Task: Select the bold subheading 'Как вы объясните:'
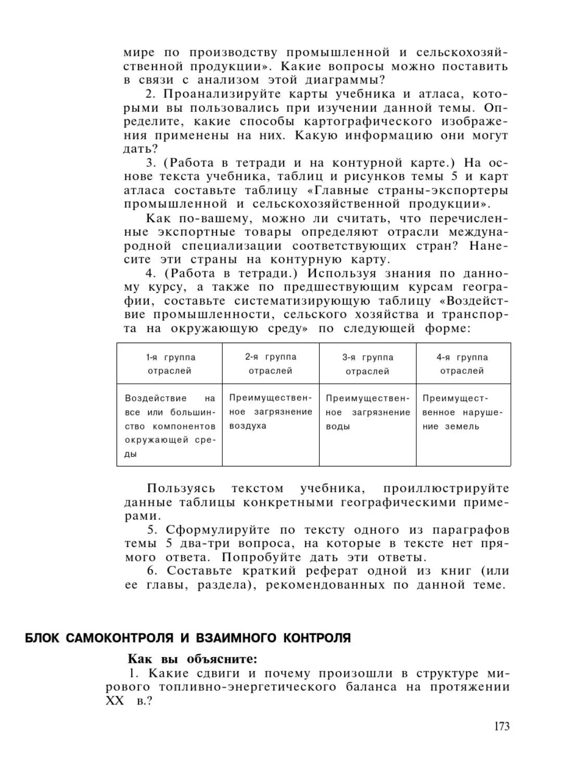coord(193,659)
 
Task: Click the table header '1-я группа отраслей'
coord(170,364)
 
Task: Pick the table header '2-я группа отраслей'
coord(271,363)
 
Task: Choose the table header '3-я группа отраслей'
coord(367,364)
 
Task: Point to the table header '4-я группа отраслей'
coord(462,363)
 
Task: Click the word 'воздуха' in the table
coord(248,426)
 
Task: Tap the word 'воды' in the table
coord(338,426)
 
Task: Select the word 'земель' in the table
coord(462,426)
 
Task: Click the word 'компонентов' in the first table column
coord(184,426)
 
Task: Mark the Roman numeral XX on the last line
coord(115,701)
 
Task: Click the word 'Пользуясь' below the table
coord(181,488)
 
